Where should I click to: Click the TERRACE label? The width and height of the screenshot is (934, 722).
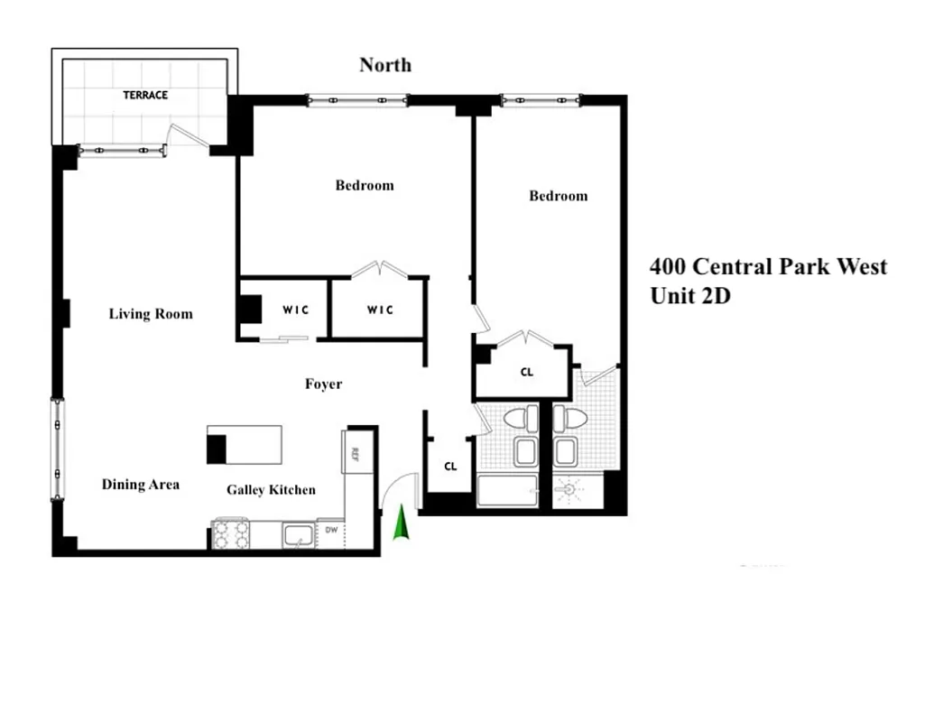pyautogui.click(x=145, y=95)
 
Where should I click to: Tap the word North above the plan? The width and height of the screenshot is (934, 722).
pyautogui.click(x=385, y=65)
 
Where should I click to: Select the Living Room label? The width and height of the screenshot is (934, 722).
pyautogui.click(x=151, y=314)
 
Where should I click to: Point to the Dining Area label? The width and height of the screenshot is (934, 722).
pyautogui.click(x=140, y=485)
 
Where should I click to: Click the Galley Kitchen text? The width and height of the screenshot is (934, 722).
pyautogui.click(x=271, y=489)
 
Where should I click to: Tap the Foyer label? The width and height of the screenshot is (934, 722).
pyautogui.click(x=323, y=384)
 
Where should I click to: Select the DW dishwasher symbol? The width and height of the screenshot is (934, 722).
pyautogui.click(x=331, y=532)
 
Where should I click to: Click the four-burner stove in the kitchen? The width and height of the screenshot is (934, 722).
pyautogui.click(x=230, y=534)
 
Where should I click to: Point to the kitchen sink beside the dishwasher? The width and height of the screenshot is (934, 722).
pyautogui.click(x=297, y=534)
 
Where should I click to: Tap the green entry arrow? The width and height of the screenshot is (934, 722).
pyautogui.click(x=401, y=523)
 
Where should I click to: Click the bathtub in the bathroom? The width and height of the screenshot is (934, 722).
pyautogui.click(x=506, y=491)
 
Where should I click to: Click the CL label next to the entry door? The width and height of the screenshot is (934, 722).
pyautogui.click(x=451, y=467)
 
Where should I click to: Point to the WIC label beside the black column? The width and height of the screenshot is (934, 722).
pyautogui.click(x=295, y=310)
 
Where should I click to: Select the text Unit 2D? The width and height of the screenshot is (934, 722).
pyautogui.click(x=690, y=295)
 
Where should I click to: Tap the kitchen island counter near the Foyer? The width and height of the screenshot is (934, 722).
pyautogui.click(x=245, y=444)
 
